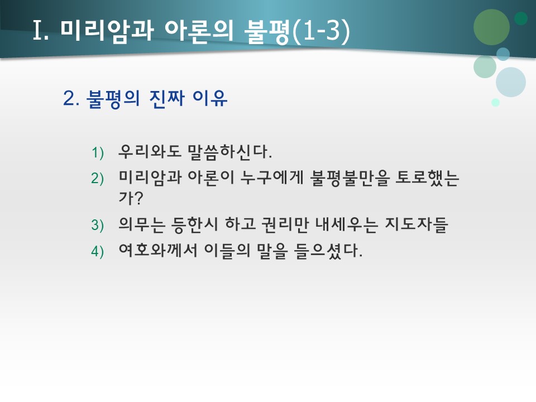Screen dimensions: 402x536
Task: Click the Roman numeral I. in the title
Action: (x=42, y=31)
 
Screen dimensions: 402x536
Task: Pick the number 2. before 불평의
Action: (x=72, y=99)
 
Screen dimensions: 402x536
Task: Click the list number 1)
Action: (x=98, y=152)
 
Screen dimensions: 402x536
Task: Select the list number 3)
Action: (x=98, y=225)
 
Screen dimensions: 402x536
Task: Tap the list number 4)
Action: (x=98, y=251)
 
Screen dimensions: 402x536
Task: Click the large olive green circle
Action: (x=491, y=27)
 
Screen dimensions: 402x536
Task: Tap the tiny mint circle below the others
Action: (x=495, y=102)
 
